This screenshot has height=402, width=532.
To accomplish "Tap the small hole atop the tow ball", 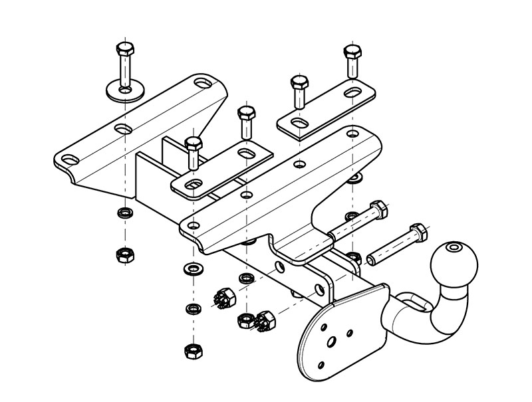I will tap(454, 248).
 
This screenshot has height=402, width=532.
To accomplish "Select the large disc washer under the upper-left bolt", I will tap(124, 90).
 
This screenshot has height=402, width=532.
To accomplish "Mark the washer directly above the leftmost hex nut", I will tap(123, 214).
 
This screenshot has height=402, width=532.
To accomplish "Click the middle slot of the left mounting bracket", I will tap(121, 126).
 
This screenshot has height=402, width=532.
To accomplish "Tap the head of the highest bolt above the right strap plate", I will tap(350, 52).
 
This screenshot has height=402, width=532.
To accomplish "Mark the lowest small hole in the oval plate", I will tap(322, 365).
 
